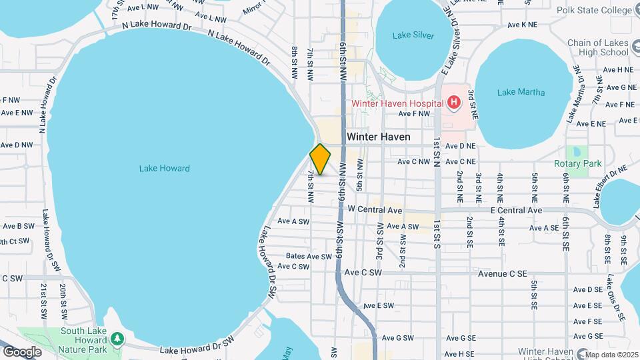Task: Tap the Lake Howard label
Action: coord(165,169)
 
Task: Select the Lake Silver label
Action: coord(413,35)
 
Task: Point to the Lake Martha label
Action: coord(521,93)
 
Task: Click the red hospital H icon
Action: coord(453,103)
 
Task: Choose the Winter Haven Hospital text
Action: coord(397,103)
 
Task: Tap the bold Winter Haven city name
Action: coord(378,137)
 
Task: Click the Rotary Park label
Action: coord(577,163)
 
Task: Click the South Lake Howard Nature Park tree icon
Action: coord(117,339)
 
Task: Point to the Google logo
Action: coord(22,351)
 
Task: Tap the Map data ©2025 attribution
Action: coord(609,354)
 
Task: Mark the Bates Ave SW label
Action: coord(309,256)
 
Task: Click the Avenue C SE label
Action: coord(503,273)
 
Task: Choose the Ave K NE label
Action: coord(522,25)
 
